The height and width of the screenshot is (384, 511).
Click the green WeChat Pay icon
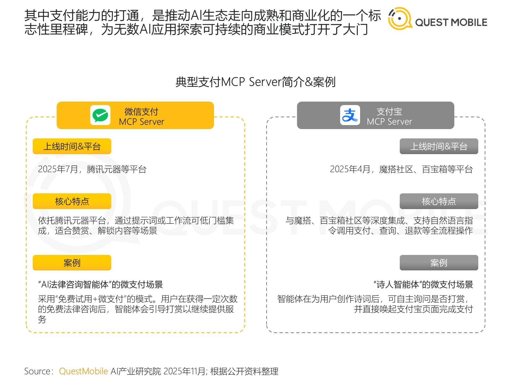100,115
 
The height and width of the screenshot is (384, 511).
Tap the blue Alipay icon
350,115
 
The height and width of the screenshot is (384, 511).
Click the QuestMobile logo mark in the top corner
399,18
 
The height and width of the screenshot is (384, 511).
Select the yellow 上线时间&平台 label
72,146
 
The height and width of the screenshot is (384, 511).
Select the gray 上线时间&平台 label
439,146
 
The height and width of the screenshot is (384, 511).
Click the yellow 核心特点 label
72,201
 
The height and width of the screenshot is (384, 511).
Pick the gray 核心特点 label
439,201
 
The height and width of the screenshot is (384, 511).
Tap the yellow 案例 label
72,263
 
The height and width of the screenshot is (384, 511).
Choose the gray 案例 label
439,263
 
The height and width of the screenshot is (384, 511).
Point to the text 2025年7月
58,169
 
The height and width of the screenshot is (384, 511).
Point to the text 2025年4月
350,169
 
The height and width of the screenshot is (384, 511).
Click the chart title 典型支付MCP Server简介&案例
256,82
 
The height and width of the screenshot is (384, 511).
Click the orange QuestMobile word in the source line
83,371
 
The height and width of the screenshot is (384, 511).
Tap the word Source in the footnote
38,371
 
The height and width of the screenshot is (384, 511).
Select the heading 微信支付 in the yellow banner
141,111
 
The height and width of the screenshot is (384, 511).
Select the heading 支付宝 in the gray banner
389,111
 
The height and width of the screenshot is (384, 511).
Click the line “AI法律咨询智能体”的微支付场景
100,285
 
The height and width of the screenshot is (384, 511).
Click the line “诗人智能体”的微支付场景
423,285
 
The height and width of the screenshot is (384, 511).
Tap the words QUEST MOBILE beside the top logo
451,22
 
